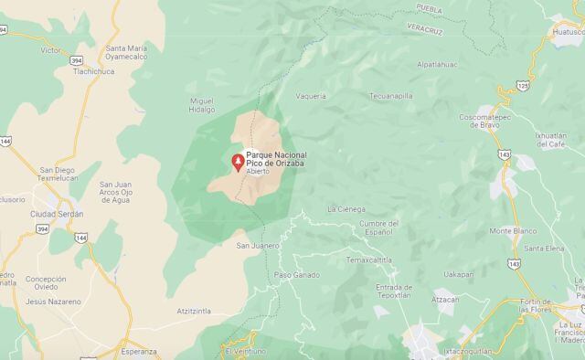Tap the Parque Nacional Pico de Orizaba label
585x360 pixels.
click(x=277, y=160)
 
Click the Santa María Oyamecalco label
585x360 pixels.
click(x=139, y=53)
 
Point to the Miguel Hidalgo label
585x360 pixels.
click(x=201, y=104)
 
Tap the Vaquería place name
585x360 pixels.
click(x=311, y=94)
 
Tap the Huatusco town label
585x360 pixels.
click(x=549, y=31)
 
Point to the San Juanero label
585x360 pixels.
click(x=257, y=245)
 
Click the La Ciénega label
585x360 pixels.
click(x=346, y=208)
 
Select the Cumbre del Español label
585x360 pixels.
click(x=378, y=227)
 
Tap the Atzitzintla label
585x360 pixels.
click(x=194, y=311)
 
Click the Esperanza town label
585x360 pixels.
click(x=138, y=351)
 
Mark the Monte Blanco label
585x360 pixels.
click(x=513, y=230)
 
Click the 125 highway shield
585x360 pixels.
click(x=522, y=84)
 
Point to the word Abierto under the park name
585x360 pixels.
click(x=259, y=172)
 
